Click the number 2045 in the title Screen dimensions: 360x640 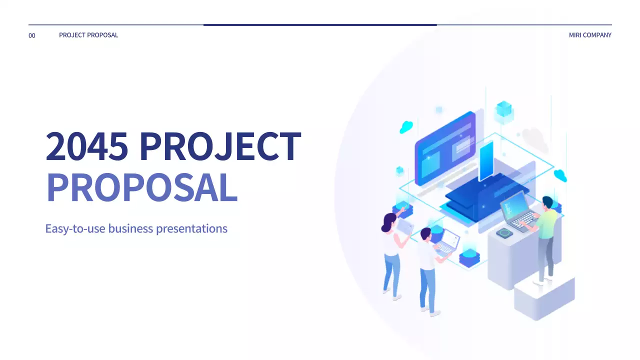(x=87, y=146)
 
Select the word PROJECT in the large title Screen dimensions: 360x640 (x=220, y=146)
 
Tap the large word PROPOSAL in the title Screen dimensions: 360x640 (x=141, y=188)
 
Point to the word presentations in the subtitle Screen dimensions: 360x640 (x=191, y=229)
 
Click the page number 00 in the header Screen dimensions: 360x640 (x=32, y=35)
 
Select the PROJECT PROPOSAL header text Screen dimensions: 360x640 (x=88, y=35)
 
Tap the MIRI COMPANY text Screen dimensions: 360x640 (x=590, y=35)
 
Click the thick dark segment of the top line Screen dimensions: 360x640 (x=320, y=24)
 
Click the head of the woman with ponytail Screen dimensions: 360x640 (x=389, y=222)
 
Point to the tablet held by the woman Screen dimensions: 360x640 (x=405, y=227)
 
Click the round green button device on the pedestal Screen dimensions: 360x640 (x=505, y=232)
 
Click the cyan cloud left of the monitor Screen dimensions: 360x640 (x=406, y=127)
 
